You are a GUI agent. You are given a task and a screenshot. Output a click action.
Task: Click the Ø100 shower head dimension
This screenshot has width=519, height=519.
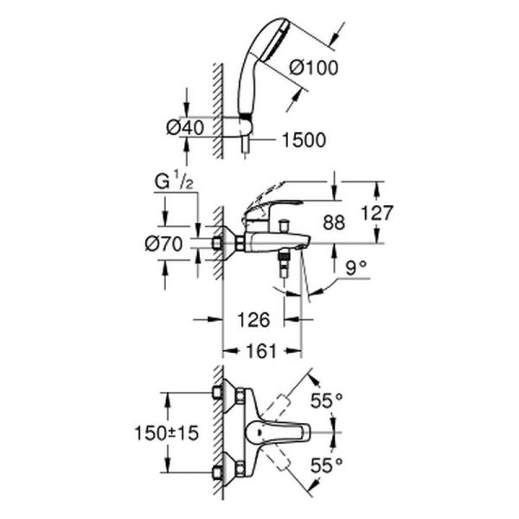pyautogui.click(x=316, y=66)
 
